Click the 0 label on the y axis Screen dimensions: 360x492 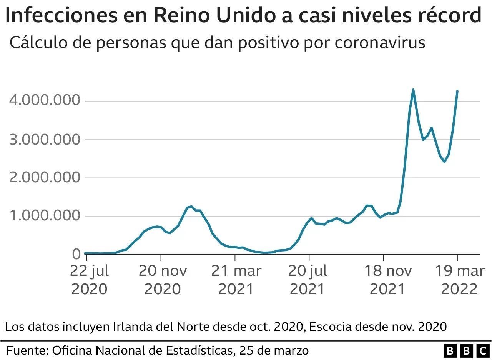click(x=76, y=254)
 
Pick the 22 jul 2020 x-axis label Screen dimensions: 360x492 click(x=90, y=280)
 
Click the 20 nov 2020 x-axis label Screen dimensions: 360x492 click(x=163, y=280)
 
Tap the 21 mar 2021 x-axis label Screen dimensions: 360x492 click(x=236, y=280)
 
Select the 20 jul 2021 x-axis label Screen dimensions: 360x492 click(x=308, y=280)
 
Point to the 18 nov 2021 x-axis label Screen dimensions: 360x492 click(x=387, y=280)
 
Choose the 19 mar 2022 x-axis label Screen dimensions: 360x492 click(x=459, y=280)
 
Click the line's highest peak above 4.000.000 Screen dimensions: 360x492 click(x=413, y=90)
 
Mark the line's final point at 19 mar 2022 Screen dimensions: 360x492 click(x=457, y=91)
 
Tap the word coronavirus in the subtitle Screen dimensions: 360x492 click(x=380, y=42)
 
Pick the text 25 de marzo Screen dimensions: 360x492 click(x=274, y=351)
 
